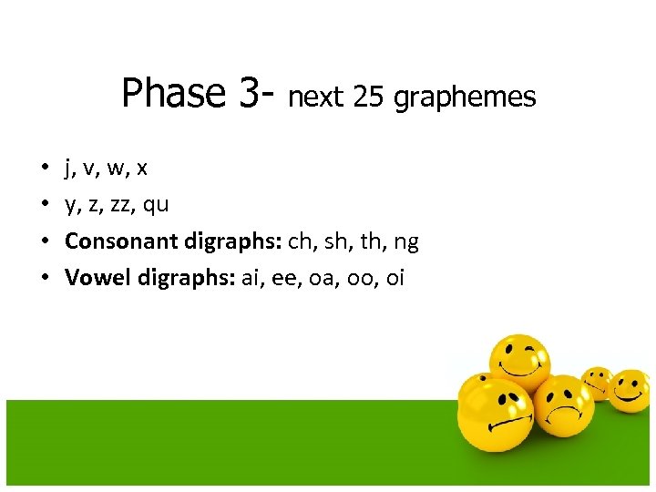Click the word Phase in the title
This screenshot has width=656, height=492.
174,93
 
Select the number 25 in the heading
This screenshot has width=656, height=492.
368,97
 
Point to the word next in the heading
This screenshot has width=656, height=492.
315,97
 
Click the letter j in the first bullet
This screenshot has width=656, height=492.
68,169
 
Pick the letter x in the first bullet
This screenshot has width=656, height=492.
142,169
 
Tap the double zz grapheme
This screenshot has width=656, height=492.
122,205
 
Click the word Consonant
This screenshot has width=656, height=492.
121,241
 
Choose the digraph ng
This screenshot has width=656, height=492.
406,242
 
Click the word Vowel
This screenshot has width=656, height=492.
97,278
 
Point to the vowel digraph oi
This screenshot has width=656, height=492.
395,278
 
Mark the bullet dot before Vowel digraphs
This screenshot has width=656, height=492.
45,278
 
